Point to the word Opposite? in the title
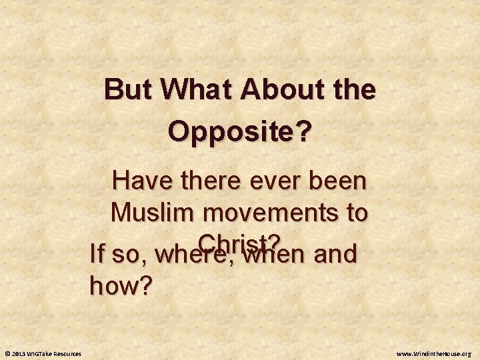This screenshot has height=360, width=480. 239,131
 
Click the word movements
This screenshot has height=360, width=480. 270,213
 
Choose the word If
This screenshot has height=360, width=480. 98,255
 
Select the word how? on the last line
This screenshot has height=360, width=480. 121,286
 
